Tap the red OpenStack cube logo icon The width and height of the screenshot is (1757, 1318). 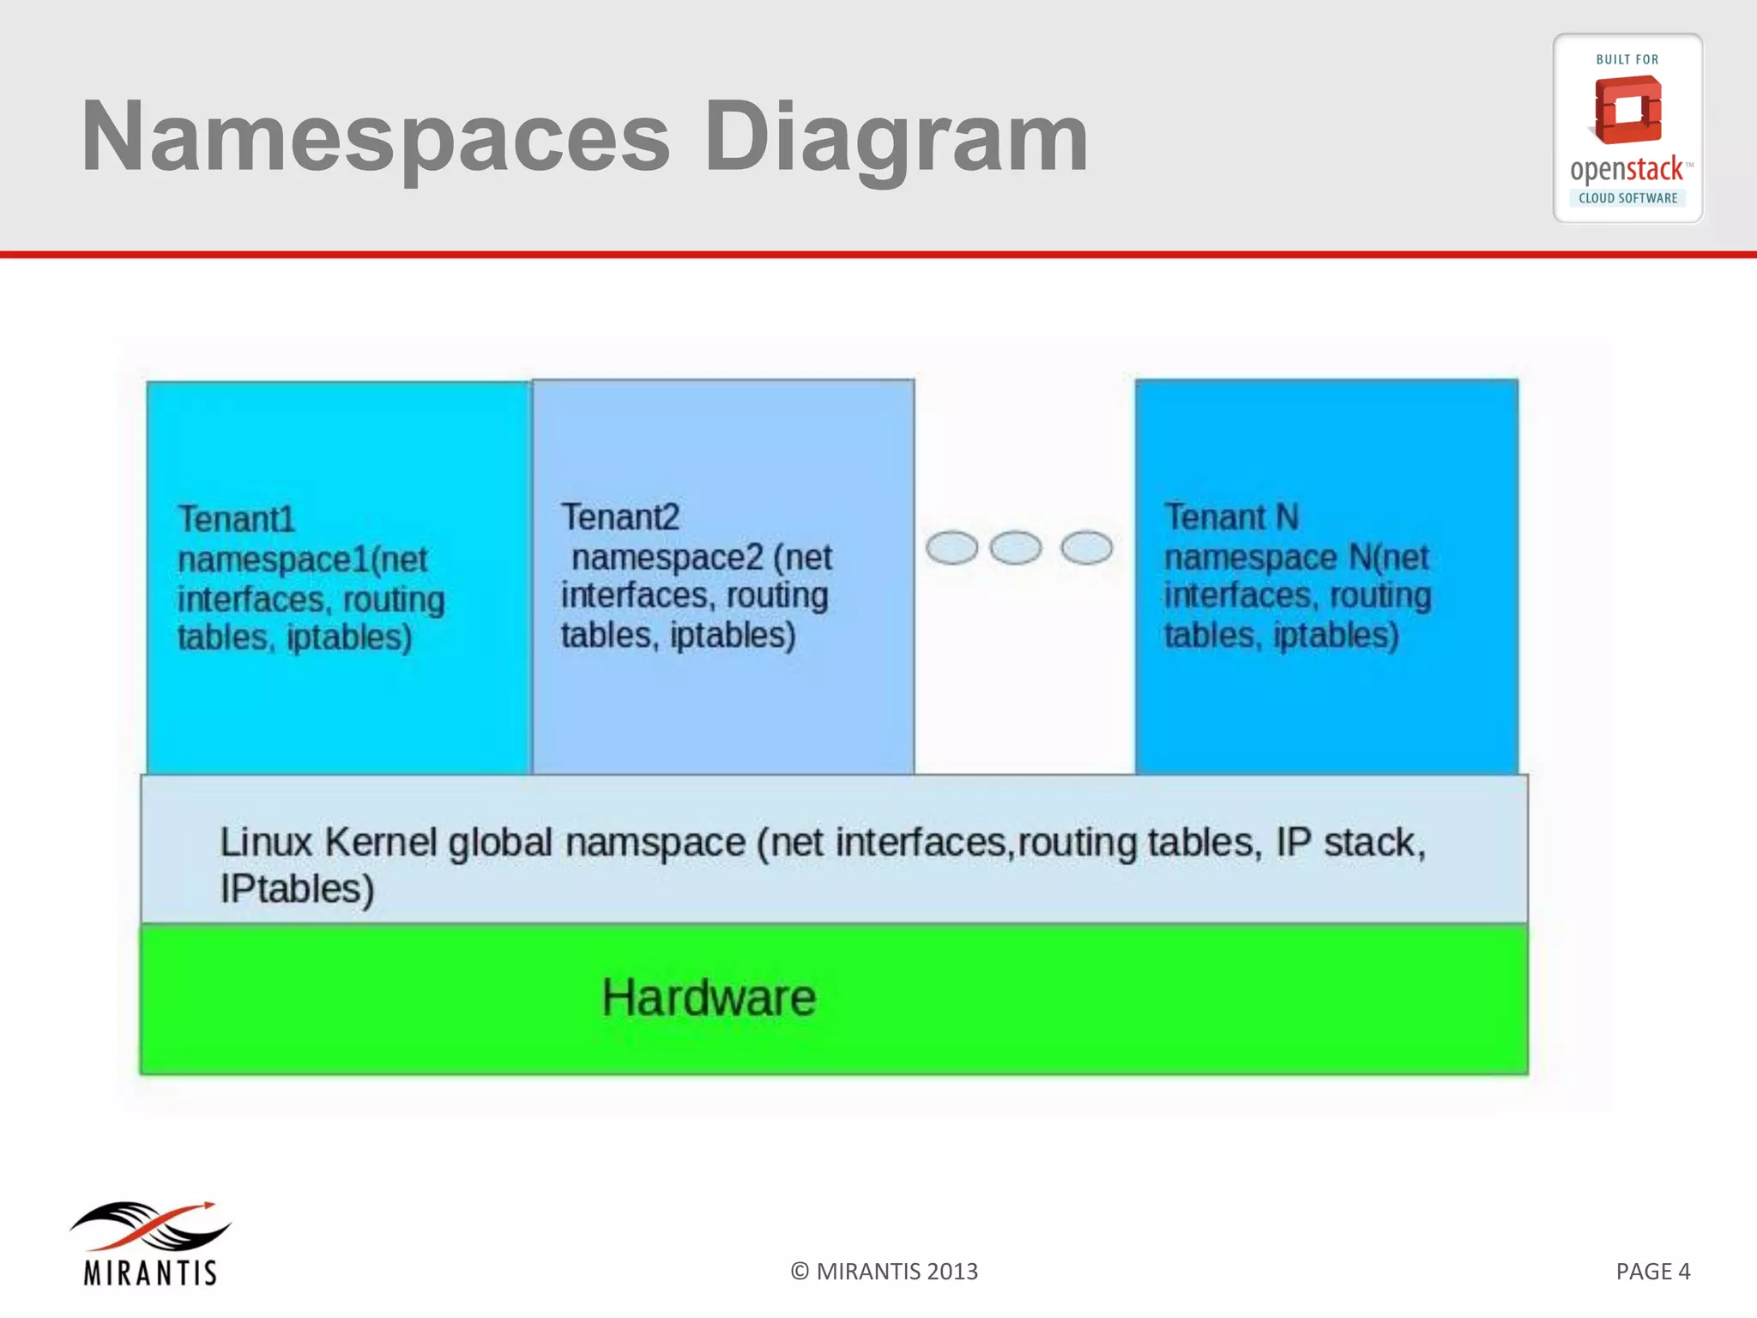click(1627, 110)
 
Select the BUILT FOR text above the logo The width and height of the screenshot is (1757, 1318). click(1627, 59)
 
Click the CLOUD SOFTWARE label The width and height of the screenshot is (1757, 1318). click(1627, 198)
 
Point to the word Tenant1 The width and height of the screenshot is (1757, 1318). click(236, 519)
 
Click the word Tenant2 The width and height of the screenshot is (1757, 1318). click(620, 517)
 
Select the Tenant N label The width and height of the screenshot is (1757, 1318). click(1231, 517)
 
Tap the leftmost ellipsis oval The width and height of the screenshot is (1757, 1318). click(951, 547)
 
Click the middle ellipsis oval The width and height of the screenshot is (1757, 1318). click(1016, 547)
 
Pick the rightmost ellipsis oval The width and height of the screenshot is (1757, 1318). click(1086, 547)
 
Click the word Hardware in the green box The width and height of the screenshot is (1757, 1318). click(709, 997)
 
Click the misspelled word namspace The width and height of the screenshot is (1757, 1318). click(655, 842)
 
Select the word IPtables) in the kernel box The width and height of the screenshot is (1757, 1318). click(297, 889)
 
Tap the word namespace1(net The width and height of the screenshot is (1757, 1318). click(302, 559)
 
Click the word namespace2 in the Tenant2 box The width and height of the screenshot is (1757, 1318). click(667, 558)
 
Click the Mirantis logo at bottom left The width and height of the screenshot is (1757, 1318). click(150, 1242)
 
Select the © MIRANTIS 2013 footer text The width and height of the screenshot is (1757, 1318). click(884, 1271)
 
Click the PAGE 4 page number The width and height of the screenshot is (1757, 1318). click(1652, 1271)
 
